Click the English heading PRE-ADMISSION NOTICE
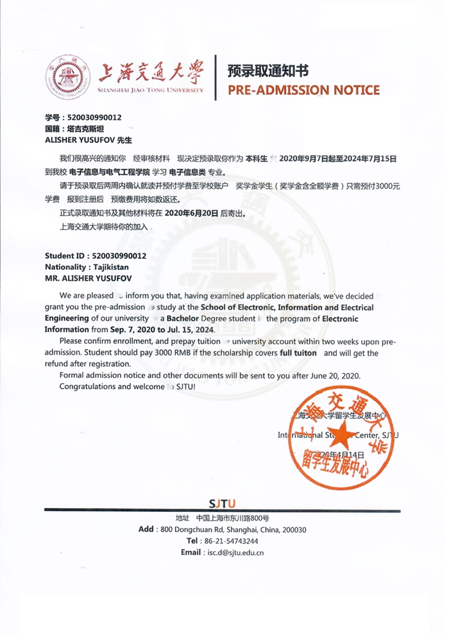[x=304, y=90]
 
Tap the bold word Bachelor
[x=186, y=318]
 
